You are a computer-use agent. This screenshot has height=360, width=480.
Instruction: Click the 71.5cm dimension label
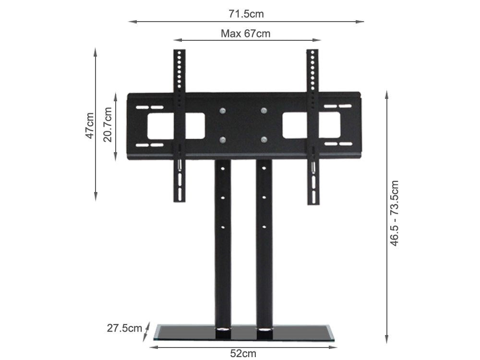tap(246, 14)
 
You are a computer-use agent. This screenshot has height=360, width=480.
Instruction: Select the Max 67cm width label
tap(245, 34)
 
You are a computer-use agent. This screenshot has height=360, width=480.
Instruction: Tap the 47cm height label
tap(89, 125)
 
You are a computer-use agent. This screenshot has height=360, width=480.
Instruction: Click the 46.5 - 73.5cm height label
tap(394, 213)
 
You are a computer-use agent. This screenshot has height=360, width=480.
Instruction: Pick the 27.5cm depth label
tap(124, 328)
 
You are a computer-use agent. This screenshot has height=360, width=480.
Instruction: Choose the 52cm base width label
tap(243, 354)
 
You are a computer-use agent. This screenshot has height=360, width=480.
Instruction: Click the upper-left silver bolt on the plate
tap(222, 111)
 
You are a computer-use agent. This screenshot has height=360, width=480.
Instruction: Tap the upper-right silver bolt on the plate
tap(264, 111)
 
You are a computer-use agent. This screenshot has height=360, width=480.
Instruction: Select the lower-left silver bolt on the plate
tap(222, 140)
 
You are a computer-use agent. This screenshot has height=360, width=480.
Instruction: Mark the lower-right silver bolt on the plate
tap(264, 140)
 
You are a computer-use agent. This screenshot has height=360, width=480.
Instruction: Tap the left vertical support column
tap(223, 240)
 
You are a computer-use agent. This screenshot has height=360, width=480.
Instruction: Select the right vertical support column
tap(264, 240)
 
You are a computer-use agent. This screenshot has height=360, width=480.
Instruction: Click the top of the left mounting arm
tap(180, 53)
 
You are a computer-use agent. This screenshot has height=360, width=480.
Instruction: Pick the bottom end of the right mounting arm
tap(313, 201)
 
